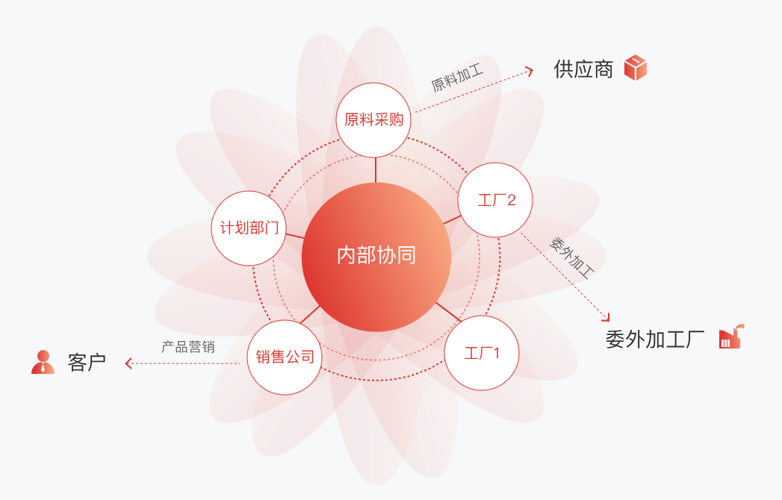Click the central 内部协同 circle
pos(376,257)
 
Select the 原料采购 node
pos(373,120)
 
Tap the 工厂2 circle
pos(496,200)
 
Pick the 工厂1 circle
pos(482,353)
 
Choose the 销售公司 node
pos(285,357)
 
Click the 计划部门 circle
pos(249,228)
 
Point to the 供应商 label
pos(583,69)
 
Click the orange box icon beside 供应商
pos(636,68)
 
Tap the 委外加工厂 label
pos(655,340)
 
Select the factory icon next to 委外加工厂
pos(730,337)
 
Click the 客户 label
pos(87,363)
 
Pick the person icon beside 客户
pos(43,362)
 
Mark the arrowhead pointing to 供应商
pos(530,71)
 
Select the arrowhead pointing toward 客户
pos(128,363)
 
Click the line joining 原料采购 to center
pos(376,170)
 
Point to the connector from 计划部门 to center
pos(295,236)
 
